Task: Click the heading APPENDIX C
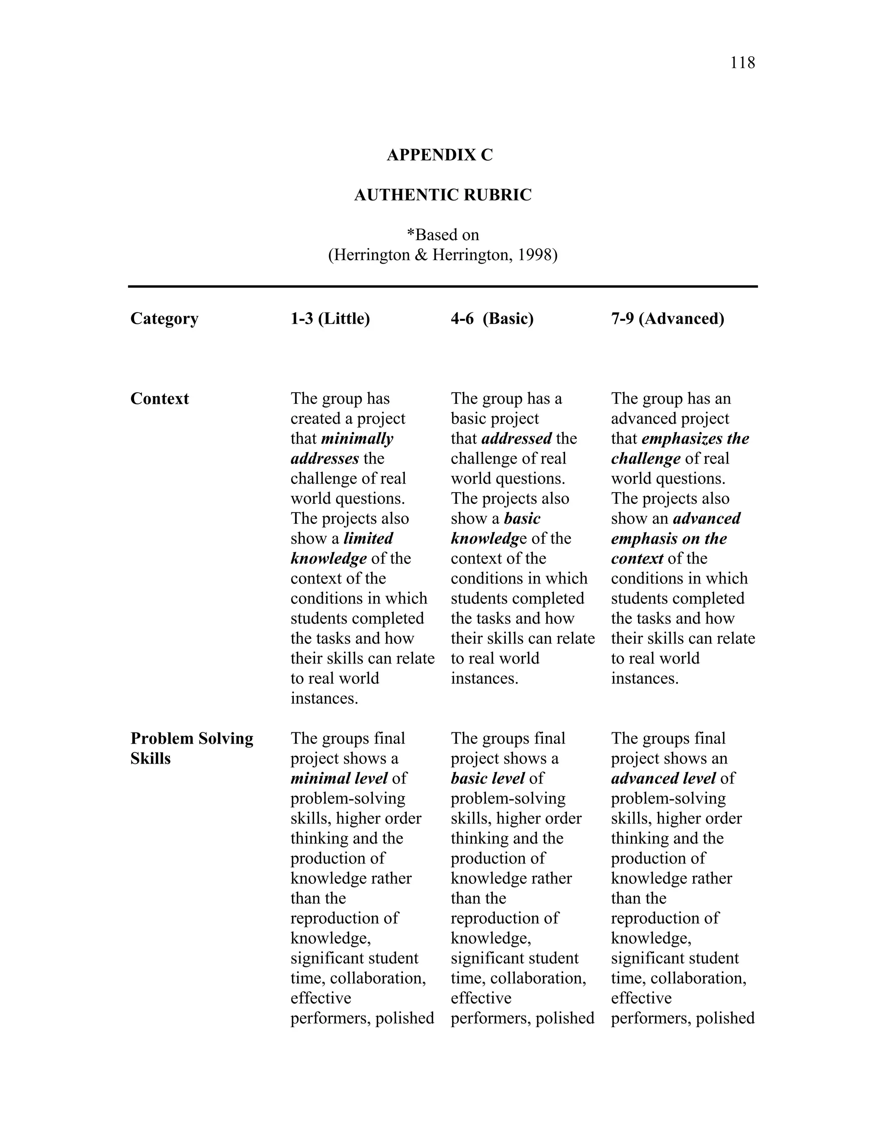pyautogui.click(x=440, y=155)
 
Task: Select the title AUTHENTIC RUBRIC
pyautogui.click(x=443, y=195)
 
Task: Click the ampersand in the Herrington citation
pyautogui.click(x=421, y=255)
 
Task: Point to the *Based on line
pyautogui.click(x=443, y=235)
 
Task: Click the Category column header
pyautogui.click(x=164, y=319)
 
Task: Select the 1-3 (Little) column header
pyautogui.click(x=330, y=319)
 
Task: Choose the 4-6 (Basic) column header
pyautogui.click(x=492, y=319)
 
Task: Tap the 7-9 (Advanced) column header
pyautogui.click(x=667, y=319)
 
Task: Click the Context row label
pyautogui.click(x=160, y=399)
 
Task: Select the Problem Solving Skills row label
pyautogui.click(x=192, y=748)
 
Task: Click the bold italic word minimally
pyautogui.click(x=357, y=438)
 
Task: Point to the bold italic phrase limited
pyautogui.click(x=368, y=539)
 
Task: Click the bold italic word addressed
pyautogui.click(x=517, y=438)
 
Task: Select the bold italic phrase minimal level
pyautogui.click(x=339, y=778)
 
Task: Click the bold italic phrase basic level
pyautogui.click(x=488, y=778)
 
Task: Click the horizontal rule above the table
pyautogui.click(x=443, y=287)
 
